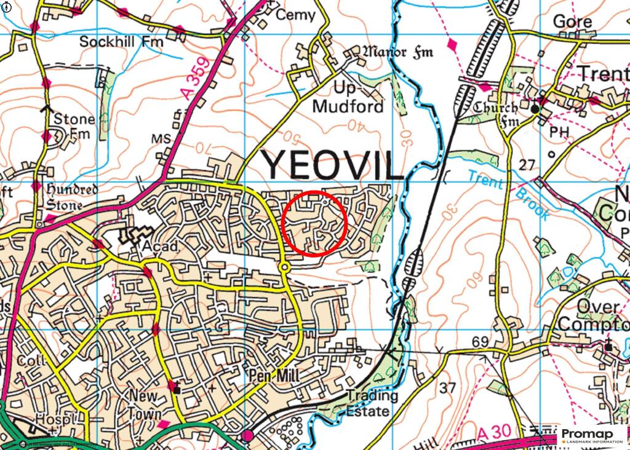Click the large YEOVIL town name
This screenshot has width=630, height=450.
pyautogui.click(x=333, y=164)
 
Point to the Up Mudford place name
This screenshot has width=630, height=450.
pyautogui.click(x=348, y=97)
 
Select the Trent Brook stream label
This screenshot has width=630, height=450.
pyautogui.click(x=508, y=194)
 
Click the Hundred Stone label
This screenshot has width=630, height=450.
pyautogui.click(x=72, y=196)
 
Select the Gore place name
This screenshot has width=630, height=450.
pyautogui.click(x=573, y=22)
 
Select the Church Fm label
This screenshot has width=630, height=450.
pyautogui.click(x=495, y=115)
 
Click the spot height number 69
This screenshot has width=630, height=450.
pyautogui.click(x=480, y=341)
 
